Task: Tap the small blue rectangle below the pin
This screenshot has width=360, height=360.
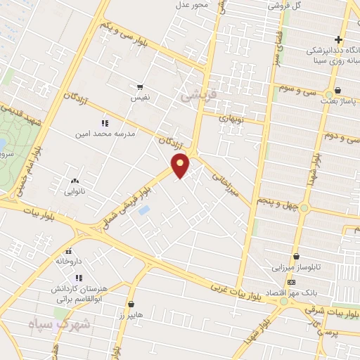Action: tap(144, 210)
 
